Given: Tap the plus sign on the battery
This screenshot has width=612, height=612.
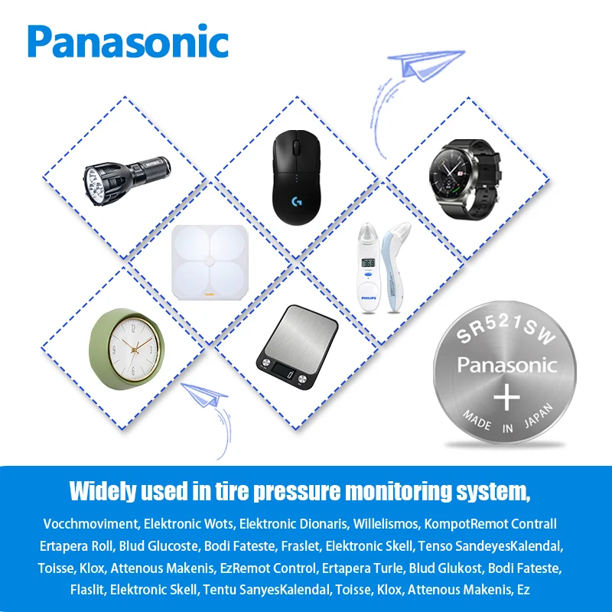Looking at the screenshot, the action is coord(505,397).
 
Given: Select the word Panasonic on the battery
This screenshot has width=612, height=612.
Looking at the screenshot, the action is coord(506,365).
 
